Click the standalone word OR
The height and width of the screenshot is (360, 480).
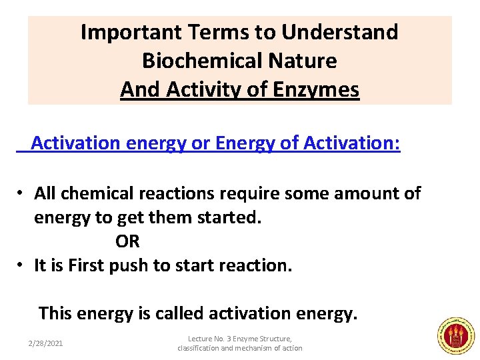coord(127,241)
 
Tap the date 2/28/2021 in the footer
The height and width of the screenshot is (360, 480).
coord(45,343)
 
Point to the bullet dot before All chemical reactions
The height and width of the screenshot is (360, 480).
coord(21,193)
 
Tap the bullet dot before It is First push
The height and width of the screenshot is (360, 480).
coord(21,265)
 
